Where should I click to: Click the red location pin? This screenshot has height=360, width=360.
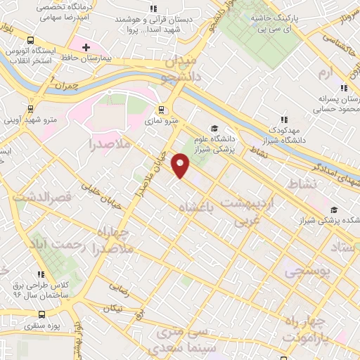(181, 165)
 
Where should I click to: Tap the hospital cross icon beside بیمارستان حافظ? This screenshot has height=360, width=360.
(86, 48)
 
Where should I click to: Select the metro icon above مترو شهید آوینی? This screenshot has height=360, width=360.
(30, 109)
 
